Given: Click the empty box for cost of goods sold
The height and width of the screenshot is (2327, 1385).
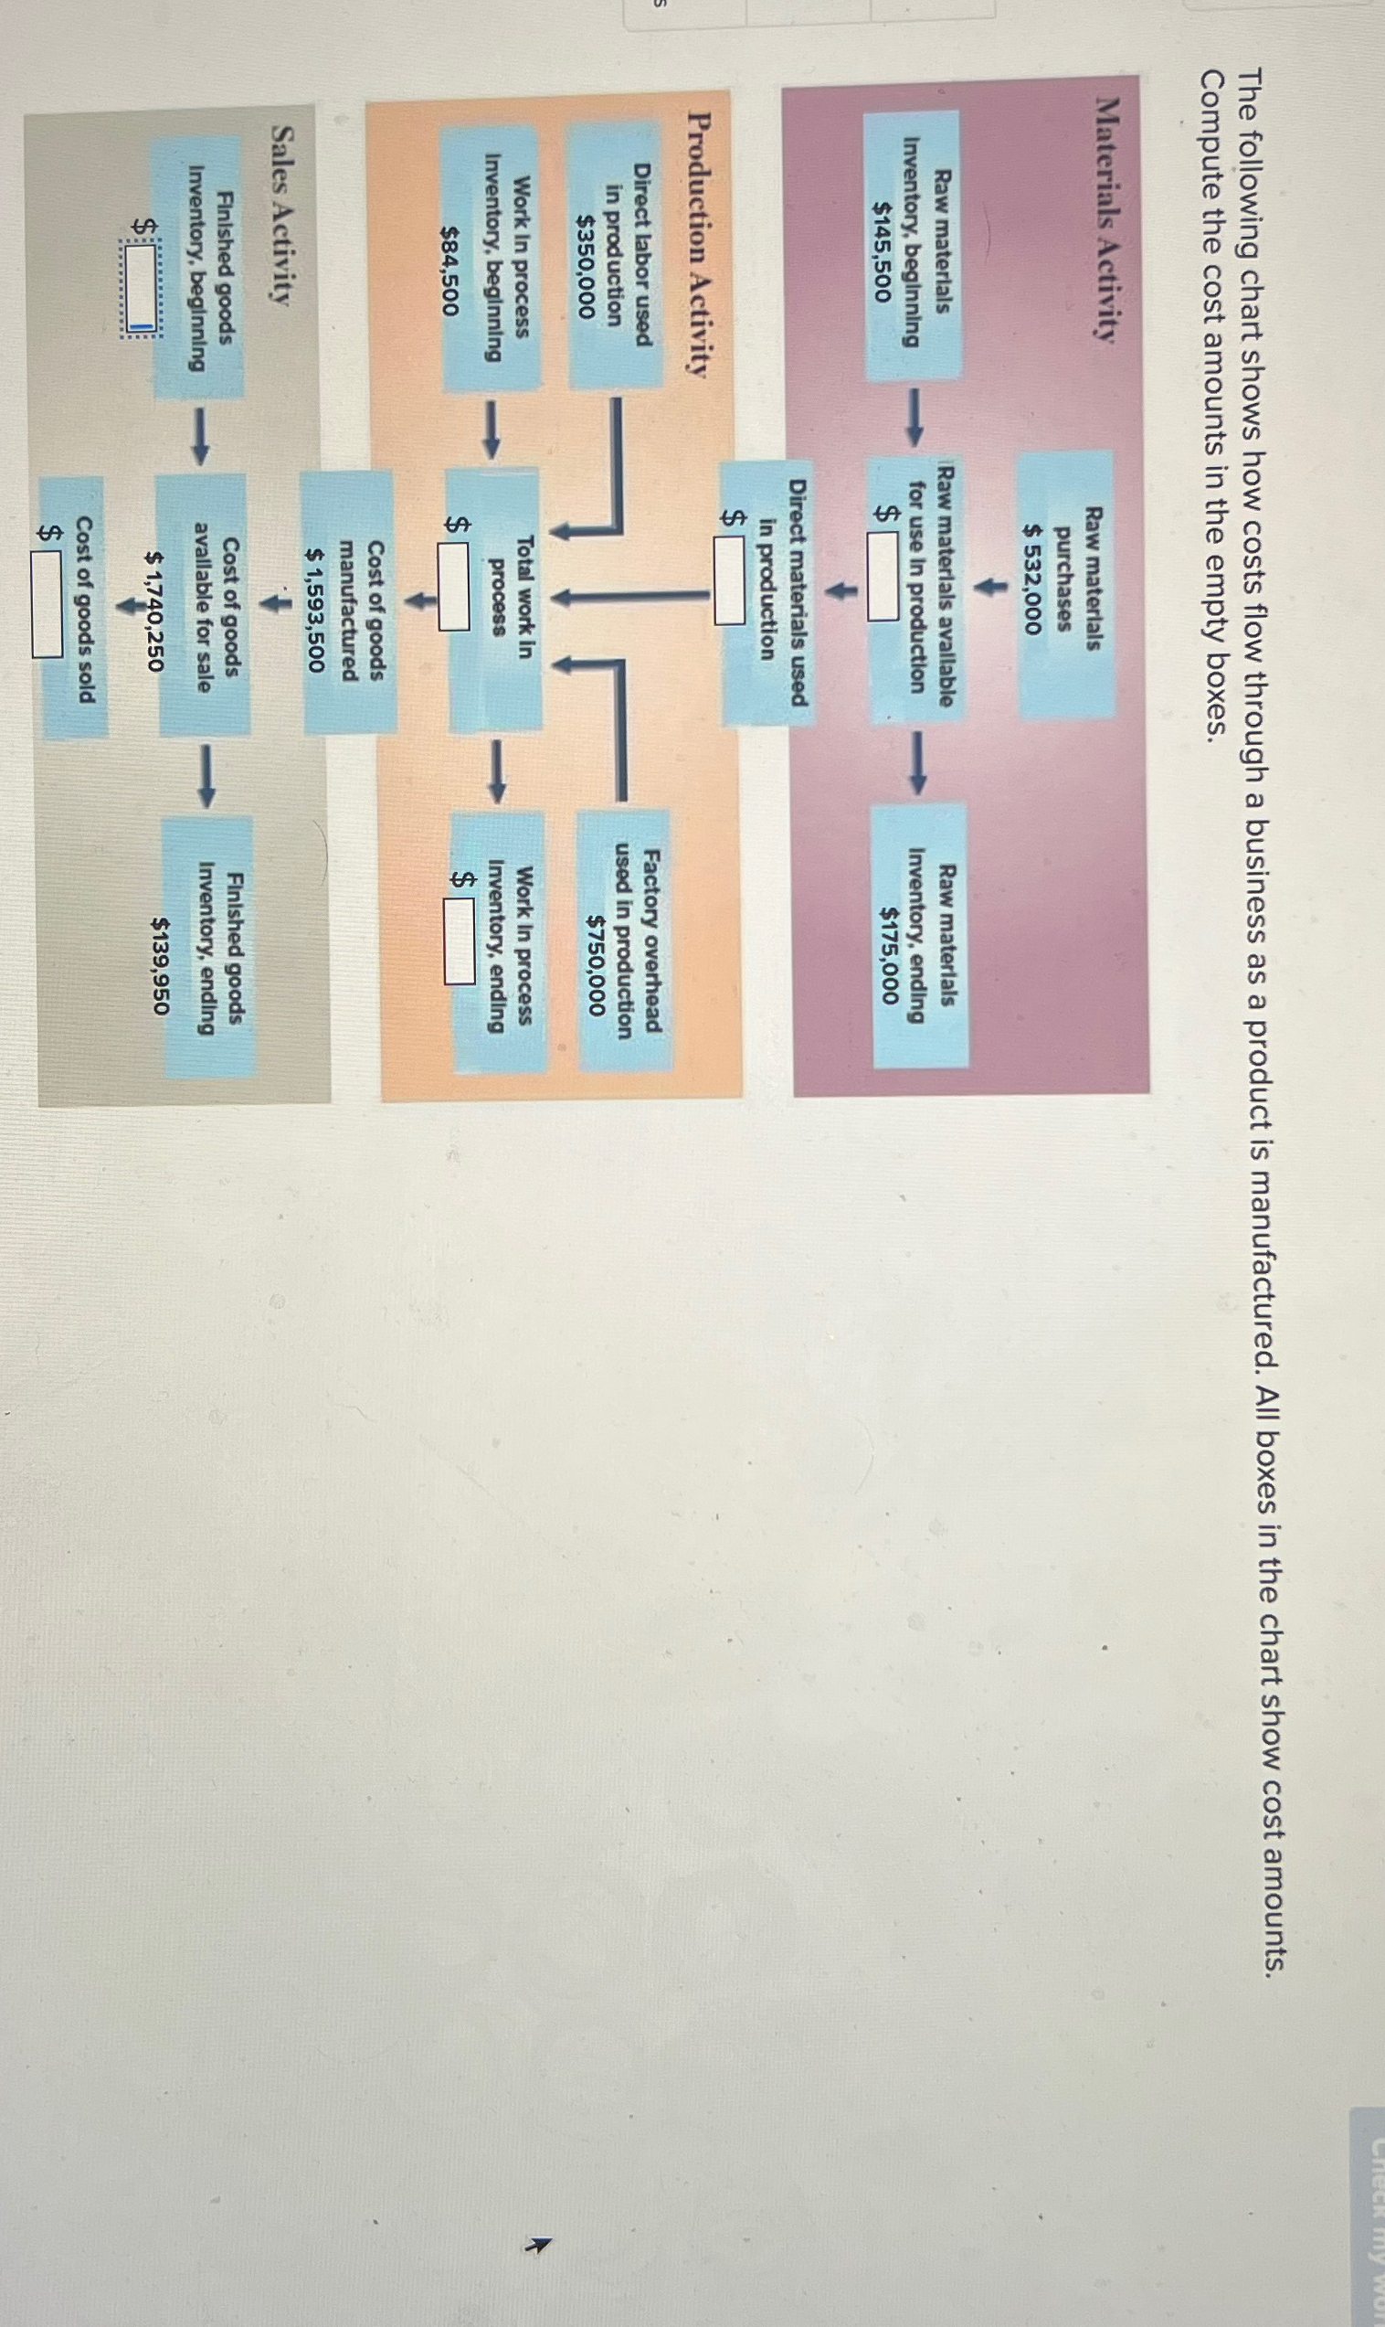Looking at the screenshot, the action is (x=47, y=603).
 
